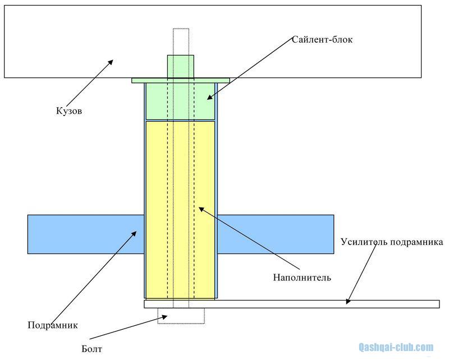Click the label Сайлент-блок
tap(322, 40)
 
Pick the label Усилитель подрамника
tap(392, 242)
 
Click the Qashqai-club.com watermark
tap(396, 347)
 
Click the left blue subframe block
tap(84, 234)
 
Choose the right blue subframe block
tap(275, 234)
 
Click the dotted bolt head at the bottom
tap(181, 316)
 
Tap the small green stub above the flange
tap(181, 66)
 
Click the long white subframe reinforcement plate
tap(292, 304)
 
